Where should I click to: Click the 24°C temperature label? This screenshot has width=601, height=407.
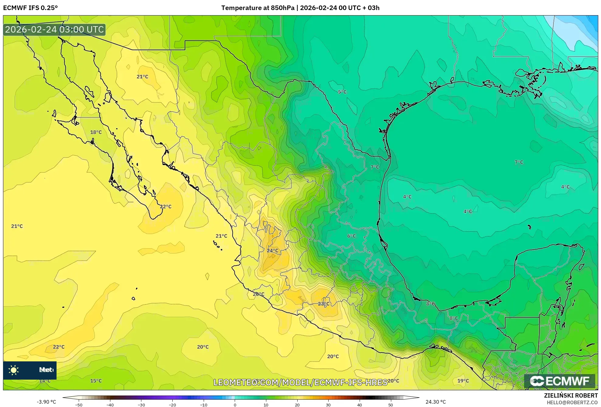point(272,251)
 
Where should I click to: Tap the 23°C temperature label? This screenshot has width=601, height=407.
point(323,304)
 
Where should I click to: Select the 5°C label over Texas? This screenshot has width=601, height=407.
point(342,92)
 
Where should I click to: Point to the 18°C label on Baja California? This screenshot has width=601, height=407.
point(96,132)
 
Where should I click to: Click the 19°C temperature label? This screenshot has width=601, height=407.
point(463,381)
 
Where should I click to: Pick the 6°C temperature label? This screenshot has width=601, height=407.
point(351,236)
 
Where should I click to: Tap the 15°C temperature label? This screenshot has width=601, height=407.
point(96,381)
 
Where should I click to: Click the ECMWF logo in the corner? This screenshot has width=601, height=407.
point(559,381)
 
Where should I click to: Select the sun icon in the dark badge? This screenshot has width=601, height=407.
point(14,370)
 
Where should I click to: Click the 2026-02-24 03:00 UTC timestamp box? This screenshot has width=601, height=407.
point(54,30)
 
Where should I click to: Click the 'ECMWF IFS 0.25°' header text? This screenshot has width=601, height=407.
point(30,8)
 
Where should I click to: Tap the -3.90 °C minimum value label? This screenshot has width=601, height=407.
point(47,402)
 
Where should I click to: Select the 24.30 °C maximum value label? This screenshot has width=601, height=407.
point(435,402)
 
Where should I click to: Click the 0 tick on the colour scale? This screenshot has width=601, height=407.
point(235,405)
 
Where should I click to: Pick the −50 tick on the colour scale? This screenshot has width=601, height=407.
point(79,405)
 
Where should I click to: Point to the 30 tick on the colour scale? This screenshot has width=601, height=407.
point(328,405)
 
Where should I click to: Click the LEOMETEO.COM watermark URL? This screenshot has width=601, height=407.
point(300,382)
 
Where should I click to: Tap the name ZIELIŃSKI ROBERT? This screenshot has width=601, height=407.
point(571,395)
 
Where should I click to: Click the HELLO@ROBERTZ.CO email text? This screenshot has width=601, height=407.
point(572,402)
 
